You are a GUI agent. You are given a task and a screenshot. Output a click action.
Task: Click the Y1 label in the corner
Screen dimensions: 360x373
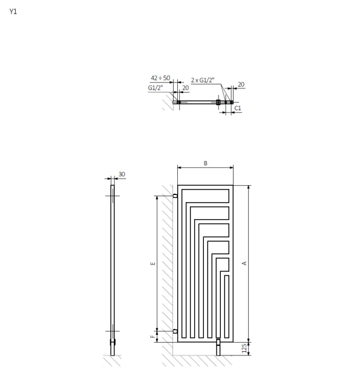[x=13, y=11]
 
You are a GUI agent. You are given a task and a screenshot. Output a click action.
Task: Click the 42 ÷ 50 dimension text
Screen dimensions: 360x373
[x=160, y=78]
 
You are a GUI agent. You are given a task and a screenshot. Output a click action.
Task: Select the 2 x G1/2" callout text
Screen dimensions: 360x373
[x=203, y=80]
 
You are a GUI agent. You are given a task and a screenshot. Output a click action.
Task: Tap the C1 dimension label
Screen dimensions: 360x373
[x=238, y=108]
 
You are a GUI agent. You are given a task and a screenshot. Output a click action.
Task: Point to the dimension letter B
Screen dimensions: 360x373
[x=206, y=163]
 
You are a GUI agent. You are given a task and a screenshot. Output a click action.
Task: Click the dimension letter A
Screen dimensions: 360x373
[x=244, y=263]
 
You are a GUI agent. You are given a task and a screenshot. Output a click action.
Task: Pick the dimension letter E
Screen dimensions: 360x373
[x=153, y=263]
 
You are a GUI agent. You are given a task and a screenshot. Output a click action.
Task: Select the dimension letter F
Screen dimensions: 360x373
[x=152, y=337]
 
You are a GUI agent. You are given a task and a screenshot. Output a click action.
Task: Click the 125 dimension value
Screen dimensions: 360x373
[x=244, y=348]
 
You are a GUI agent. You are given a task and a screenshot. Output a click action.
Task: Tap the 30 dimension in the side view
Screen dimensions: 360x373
[x=122, y=174]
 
